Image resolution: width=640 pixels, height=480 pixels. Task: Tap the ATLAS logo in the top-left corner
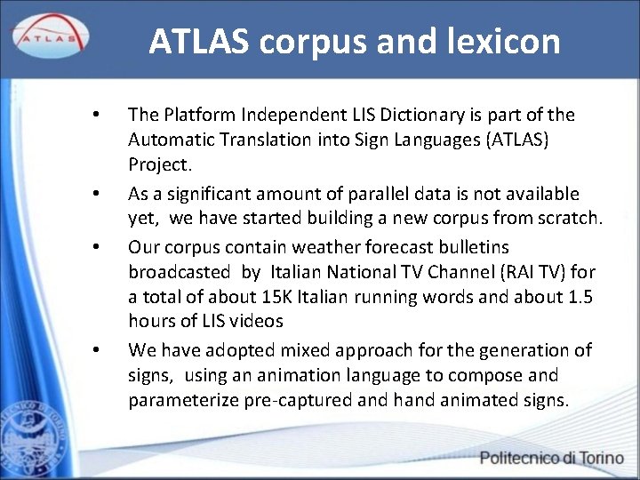49,36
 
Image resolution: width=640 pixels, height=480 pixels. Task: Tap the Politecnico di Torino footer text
551,459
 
